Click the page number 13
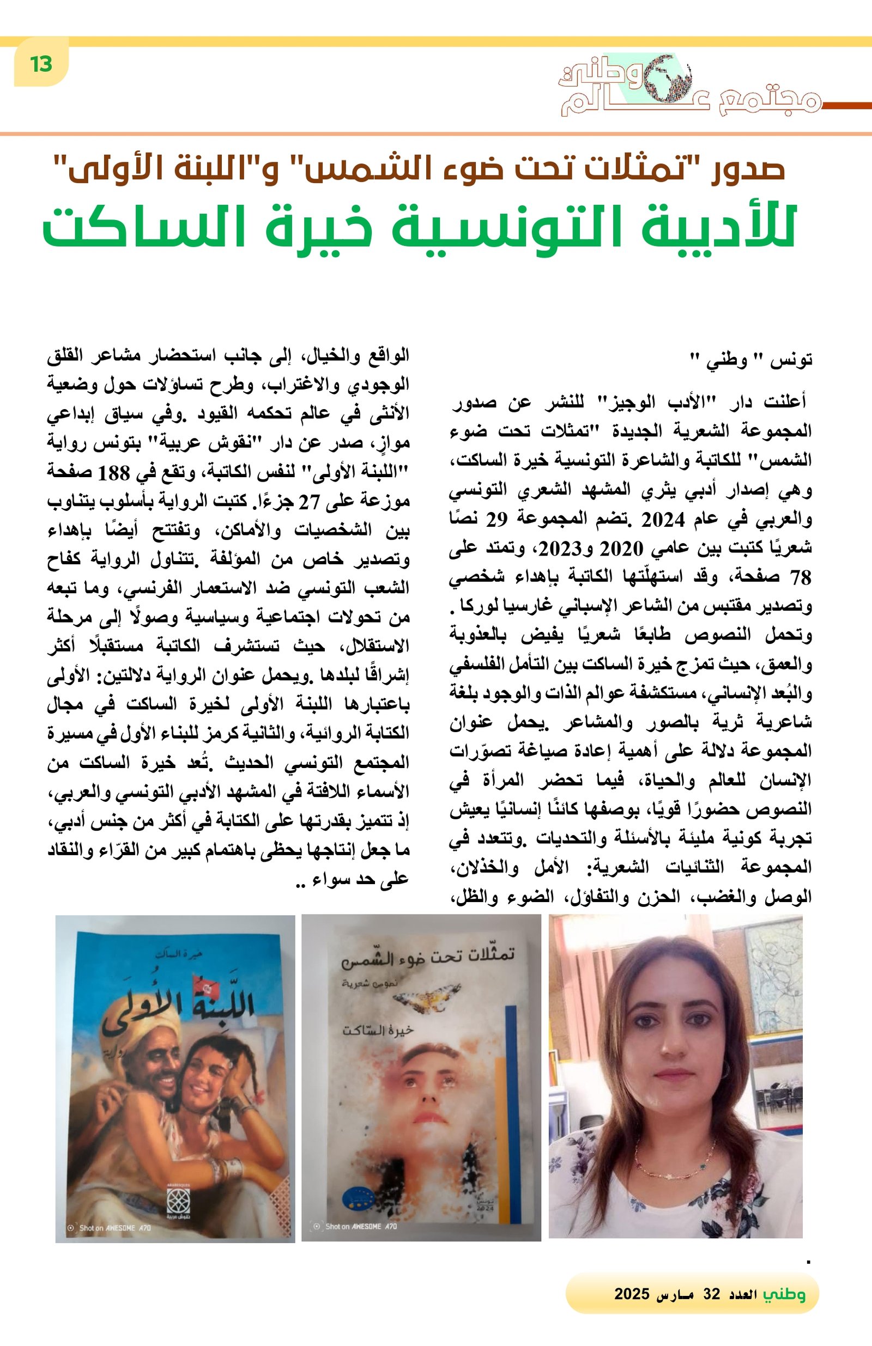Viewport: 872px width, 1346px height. pyautogui.click(x=41, y=64)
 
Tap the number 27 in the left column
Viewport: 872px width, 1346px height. pyautogui.click(x=310, y=501)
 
